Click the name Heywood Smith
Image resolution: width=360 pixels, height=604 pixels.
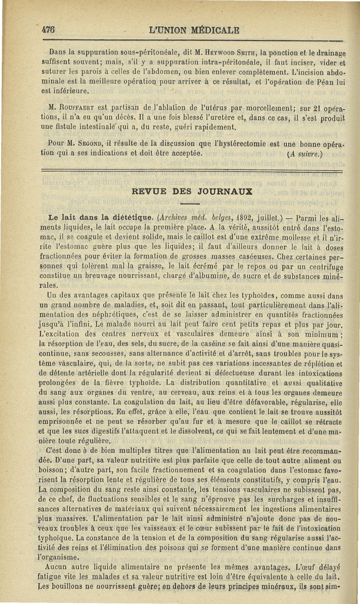point(210,52)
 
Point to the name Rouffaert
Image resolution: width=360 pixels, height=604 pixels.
point(75,108)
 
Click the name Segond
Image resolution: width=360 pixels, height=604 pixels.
point(85,144)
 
